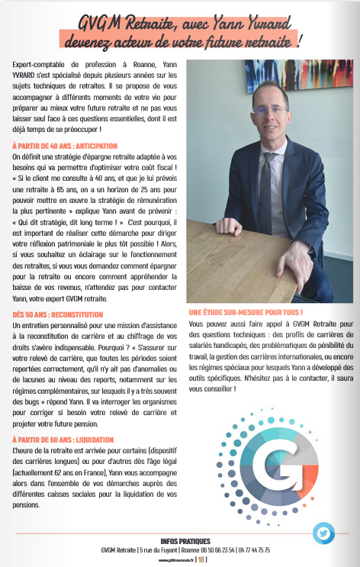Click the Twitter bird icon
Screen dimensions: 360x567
(x=323, y=532)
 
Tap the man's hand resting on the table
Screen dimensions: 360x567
(x=227, y=227)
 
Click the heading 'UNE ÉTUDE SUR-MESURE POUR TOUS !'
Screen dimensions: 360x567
(x=246, y=313)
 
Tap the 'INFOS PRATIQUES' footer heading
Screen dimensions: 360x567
(x=180, y=541)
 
